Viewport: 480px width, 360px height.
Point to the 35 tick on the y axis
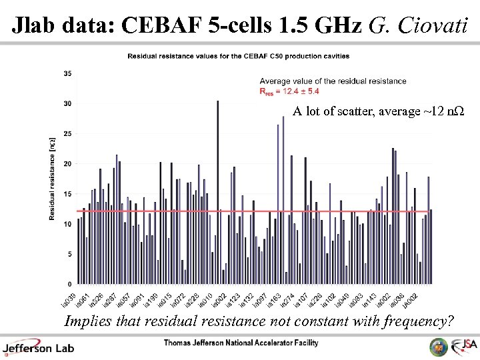[68, 73]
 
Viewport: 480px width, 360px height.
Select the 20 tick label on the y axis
[68, 164]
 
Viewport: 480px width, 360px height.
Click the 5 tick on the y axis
[70, 255]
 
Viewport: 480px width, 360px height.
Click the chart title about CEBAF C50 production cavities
[238, 56]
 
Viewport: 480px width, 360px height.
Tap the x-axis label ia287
[109, 297]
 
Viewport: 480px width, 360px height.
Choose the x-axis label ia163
[273, 297]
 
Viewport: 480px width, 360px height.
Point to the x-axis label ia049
[341, 297]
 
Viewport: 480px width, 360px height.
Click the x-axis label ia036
[395, 297]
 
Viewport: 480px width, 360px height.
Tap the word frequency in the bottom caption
[417, 321]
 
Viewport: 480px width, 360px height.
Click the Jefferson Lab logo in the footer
[39, 347]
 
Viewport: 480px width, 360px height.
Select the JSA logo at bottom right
[464, 346]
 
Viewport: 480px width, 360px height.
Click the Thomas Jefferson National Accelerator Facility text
[241, 343]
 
